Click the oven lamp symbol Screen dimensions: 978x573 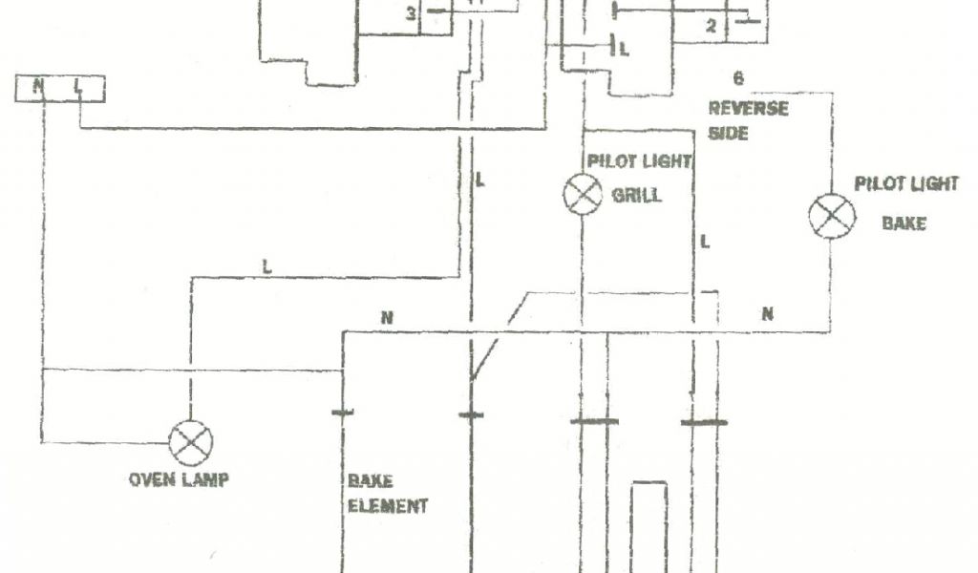point(190,443)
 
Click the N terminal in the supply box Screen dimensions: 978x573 point(38,88)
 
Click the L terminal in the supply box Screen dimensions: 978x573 point(79,88)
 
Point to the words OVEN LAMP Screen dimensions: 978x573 point(179,479)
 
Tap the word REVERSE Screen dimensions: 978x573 point(749,108)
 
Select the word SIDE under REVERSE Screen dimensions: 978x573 point(728,133)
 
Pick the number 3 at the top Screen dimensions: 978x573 point(411,13)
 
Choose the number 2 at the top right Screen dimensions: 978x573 point(711,26)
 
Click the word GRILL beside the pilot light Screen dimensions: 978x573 point(635,197)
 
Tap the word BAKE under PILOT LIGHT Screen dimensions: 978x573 point(903,224)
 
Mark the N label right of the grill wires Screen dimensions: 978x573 point(767,312)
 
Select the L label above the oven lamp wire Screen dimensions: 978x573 point(266,268)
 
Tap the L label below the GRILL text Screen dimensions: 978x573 point(705,243)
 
